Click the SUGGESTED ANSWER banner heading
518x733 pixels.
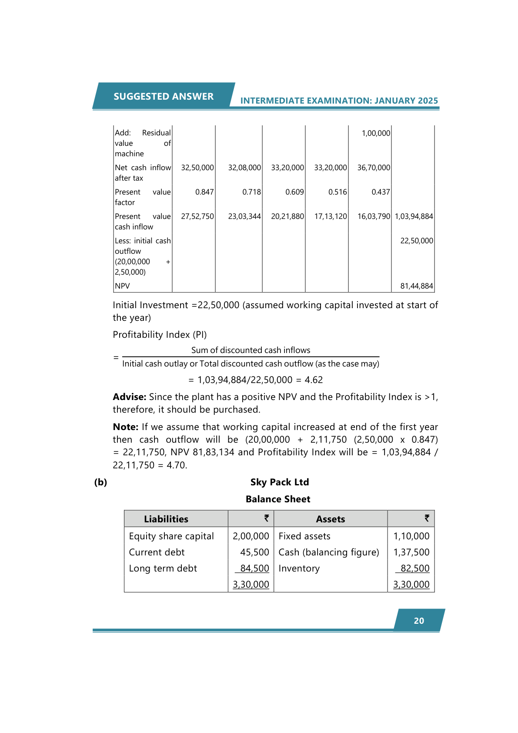click(x=164, y=96)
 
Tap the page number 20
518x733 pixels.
click(x=419, y=621)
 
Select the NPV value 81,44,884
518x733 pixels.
click(x=417, y=286)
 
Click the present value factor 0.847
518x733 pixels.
click(x=204, y=192)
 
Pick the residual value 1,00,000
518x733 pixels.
click(x=376, y=133)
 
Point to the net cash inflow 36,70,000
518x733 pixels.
click(x=374, y=168)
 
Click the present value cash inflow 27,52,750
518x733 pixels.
click(x=197, y=216)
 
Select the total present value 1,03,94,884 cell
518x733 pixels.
click(x=414, y=216)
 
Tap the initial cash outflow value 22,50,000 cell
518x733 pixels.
click(x=417, y=241)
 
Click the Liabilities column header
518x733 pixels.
click(x=166, y=519)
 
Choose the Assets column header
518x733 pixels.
click(x=331, y=519)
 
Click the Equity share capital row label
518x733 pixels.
click(x=171, y=536)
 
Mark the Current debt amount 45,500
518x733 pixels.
click(x=254, y=552)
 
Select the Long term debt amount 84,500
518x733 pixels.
click(x=254, y=568)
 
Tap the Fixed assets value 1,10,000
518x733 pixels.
click(x=411, y=536)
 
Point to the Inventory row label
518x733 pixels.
click(x=299, y=568)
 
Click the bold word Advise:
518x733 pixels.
click(x=130, y=397)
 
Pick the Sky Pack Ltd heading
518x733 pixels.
click(x=280, y=482)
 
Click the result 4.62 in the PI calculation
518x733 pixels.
click(x=314, y=380)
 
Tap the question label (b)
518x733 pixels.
click(x=100, y=482)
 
